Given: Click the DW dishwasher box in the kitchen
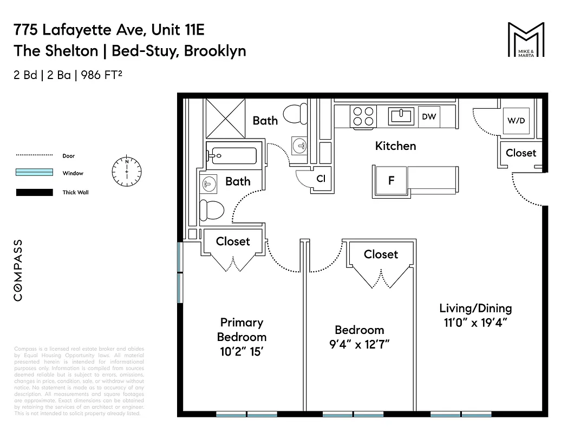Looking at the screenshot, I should (x=429, y=116).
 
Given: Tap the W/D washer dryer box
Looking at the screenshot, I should (x=516, y=120).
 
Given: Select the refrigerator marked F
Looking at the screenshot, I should (x=391, y=181).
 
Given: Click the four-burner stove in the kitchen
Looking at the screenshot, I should (x=364, y=116).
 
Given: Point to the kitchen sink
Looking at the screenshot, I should (x=402, y=115).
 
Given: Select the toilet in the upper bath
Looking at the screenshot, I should (x=296, y=114).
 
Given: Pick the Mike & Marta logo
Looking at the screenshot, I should (x=525, y=40).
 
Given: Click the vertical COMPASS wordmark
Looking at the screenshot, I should (x=18, y=270).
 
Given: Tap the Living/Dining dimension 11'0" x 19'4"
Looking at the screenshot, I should (x=475, y=323).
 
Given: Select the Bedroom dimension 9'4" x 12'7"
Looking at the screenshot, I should (x=359, y=344).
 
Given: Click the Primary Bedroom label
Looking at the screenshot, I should (x=242, y=330).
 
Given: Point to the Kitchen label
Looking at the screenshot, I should (x=395, y=146).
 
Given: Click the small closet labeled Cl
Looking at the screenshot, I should (x=321, y=179).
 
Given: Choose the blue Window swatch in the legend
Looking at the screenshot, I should (x=34, y=173).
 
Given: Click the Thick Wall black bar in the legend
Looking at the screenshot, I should (x=34, y=192).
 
